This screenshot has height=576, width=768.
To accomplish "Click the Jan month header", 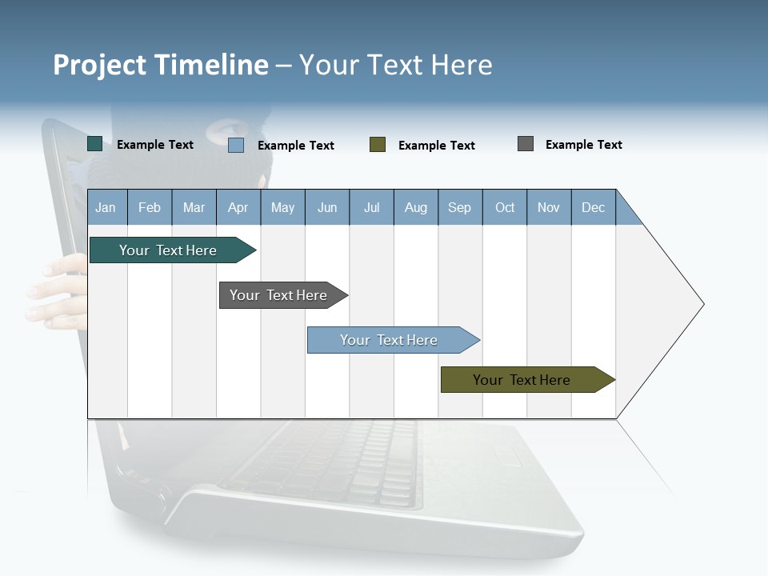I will tap(106, 208).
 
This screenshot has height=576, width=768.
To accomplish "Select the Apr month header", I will tap(238, 208).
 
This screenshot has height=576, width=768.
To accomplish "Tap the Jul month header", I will tap(372, 208).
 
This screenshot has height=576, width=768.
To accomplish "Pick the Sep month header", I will tap(460, 208).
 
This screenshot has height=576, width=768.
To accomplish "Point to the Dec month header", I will tap(593, 208).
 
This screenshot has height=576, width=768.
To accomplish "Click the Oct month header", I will tap(505, 208).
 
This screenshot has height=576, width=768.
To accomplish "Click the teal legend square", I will tap(95, 144).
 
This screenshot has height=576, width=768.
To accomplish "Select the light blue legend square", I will tap(236, 145).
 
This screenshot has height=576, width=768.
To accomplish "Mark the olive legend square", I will tap(378, 145).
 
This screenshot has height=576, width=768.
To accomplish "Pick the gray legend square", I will tap(526, 144).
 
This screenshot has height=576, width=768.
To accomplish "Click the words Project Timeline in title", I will tap(161, 65).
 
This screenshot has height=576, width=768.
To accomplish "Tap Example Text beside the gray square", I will tap(583, 145).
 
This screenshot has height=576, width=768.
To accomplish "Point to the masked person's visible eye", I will tap(226, 129).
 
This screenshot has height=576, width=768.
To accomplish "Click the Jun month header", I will tap(327, 208).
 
